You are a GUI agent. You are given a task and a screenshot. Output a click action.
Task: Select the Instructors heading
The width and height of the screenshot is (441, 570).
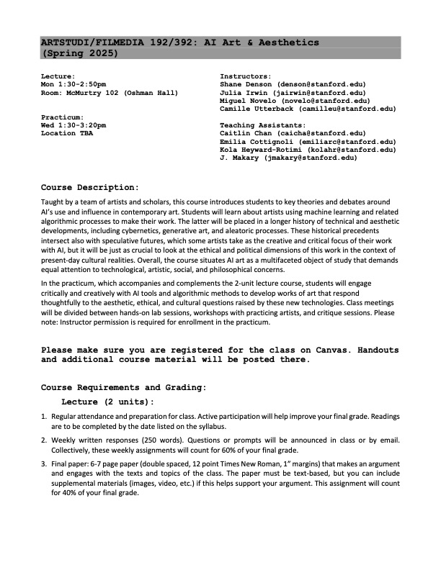tap(245, 76)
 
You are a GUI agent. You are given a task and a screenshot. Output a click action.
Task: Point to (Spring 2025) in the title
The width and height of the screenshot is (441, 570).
tap(81, 53)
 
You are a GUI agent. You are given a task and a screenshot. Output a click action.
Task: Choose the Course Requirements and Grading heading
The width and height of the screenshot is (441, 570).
tap(123, 387)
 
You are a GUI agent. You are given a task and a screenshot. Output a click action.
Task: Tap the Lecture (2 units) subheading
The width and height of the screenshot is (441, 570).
tap(108, 402)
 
